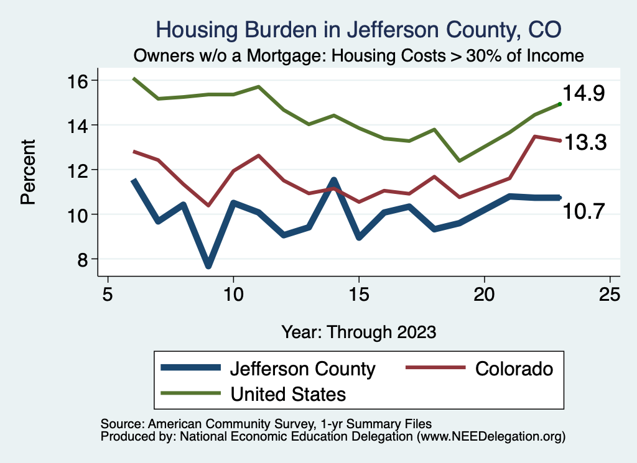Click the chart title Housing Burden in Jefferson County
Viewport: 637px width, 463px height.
coord(359,30)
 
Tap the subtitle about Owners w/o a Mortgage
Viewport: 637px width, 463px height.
coord(359,55)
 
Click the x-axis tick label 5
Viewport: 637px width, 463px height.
coord(108,293)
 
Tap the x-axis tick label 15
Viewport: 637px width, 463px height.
coord(359,293)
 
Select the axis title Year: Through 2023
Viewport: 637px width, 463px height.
coord(359,331)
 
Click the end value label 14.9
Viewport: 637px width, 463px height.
coord(585,94)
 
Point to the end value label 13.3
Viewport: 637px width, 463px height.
coord(585,143)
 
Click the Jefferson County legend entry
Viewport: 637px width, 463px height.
coord(302,369)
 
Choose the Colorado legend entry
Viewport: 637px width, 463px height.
coord(514,369)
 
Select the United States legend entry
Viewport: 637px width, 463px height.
coord(288,393)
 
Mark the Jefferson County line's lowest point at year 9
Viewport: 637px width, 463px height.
coord(208,265)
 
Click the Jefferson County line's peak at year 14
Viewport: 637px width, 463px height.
coord(334,181)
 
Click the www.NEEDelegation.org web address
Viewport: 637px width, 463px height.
coord(491,436)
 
